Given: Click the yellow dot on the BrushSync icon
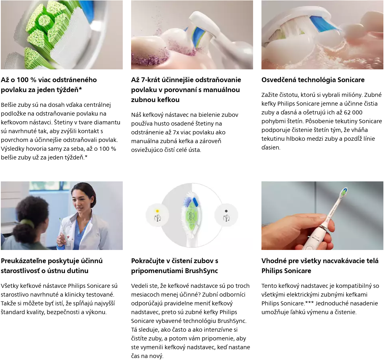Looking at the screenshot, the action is pyautogui.click(x=157, y=211).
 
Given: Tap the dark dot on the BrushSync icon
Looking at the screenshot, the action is pyautogui.click(x=226, y=211).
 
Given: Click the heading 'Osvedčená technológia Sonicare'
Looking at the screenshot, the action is pyautogui.click(x=313, y=80).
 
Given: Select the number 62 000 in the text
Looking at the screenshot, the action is pyautogui.click(x=353, y=112).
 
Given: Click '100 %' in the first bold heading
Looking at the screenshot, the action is pyautogui.click(x=27, y=80).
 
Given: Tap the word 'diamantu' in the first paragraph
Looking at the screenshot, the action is pyautogui.click(x=107, y=122).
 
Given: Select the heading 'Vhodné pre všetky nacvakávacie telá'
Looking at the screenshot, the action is pyautogui.click(x=320, y=261).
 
